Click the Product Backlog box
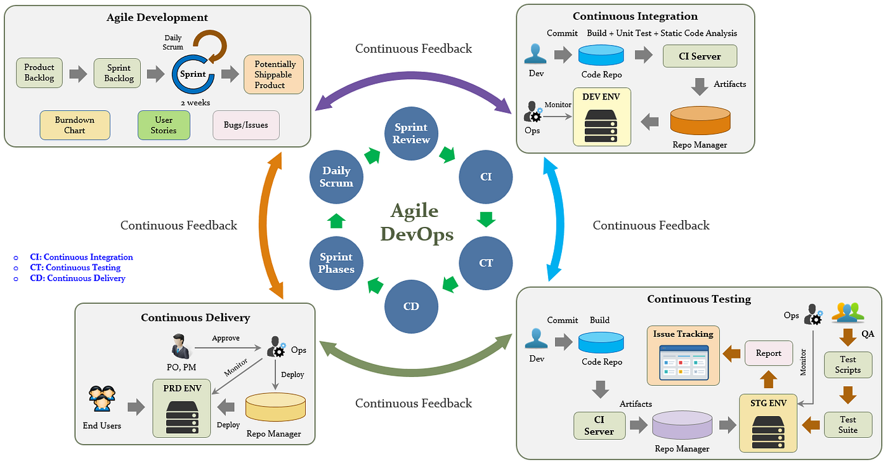(39, 72)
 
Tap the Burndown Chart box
(75, 125)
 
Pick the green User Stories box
(164, 125)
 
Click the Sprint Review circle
(411, 134)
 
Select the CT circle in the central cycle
(486, 263)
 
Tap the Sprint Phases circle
(336, 263)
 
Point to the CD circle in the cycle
(411, 306)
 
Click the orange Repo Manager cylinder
(700, 121)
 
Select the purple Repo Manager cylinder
(682, 426)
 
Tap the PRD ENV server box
(181, 408)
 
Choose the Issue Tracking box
(683, 355)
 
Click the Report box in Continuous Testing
(769, 353)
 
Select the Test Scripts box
(847, 365)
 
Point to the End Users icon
(102, 399)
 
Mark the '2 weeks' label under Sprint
(195, 102)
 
